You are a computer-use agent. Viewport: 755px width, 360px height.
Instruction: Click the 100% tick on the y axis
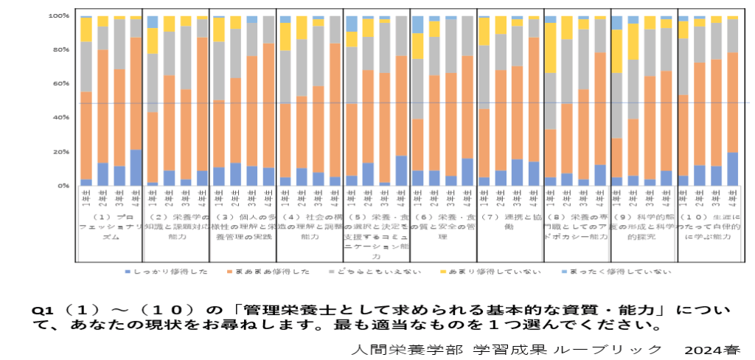pyautogui.click(x=59, y=15)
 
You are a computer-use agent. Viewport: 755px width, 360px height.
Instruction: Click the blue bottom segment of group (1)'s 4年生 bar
pyautogui.click(x=135, y=167)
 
